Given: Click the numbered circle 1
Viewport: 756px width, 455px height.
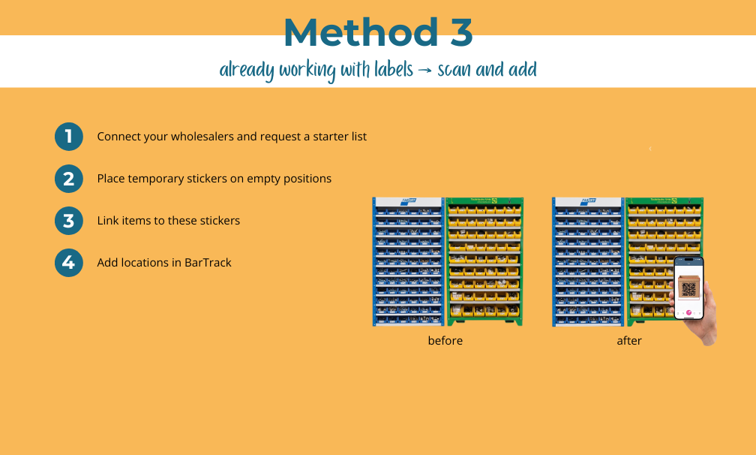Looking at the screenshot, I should coord(69,137).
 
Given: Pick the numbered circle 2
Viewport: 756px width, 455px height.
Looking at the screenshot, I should coord(69,179).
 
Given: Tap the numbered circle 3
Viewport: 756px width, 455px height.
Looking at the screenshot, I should coord(69,221).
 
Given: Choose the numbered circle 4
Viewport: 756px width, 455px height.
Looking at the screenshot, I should coord(69,263).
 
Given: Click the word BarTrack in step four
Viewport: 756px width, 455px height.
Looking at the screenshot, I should coord(208,263).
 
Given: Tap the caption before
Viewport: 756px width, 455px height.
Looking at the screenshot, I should coord(445,341).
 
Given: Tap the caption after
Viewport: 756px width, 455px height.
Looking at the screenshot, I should coord(629,341).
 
